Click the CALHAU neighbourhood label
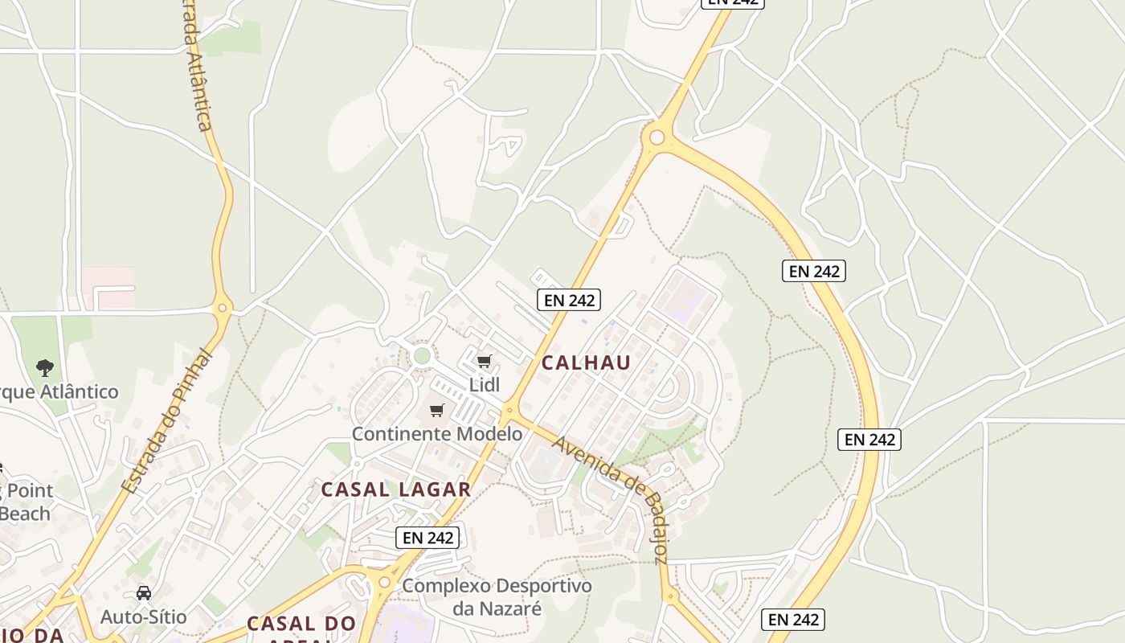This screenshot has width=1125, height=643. (x=586, y=362)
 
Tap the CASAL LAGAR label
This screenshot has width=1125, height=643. (x=395, y=489)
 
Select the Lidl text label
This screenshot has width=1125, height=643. (x=485, y=385)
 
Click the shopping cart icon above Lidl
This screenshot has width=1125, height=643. (x=484, y=362)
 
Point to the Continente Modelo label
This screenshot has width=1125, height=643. (x=437, y=434)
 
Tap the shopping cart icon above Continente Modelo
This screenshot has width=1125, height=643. (x=437, y=411)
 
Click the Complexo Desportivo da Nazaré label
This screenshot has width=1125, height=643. (x=497, y=596)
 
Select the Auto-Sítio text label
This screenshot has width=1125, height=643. (x=144, y=617)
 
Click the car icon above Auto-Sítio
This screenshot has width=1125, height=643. (x=144, y=593)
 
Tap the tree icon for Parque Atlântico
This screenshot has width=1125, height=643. (x=45, y=368)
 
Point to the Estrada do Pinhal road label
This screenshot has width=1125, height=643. (x=166, y=421)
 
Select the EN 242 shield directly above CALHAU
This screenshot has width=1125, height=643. (x=569, y=300)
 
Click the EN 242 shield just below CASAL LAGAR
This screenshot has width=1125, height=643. (x=427, y=538)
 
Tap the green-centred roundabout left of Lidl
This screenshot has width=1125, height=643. (x=423, y=355)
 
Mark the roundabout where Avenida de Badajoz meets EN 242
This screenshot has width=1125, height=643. (x=508, y=412)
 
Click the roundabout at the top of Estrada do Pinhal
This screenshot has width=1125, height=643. (x=223, y=306)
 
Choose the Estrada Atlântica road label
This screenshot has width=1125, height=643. (x=196, y=68)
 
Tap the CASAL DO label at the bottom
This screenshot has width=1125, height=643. (x=301, y=624)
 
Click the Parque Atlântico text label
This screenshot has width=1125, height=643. (x=59, y=392)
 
